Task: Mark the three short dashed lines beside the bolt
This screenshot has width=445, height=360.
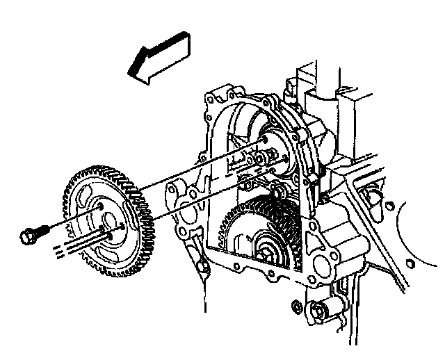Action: pos(61,249)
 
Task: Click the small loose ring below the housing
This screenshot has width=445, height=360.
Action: pos(298,305)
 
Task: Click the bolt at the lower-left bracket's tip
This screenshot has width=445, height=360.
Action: pos(202,266)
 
